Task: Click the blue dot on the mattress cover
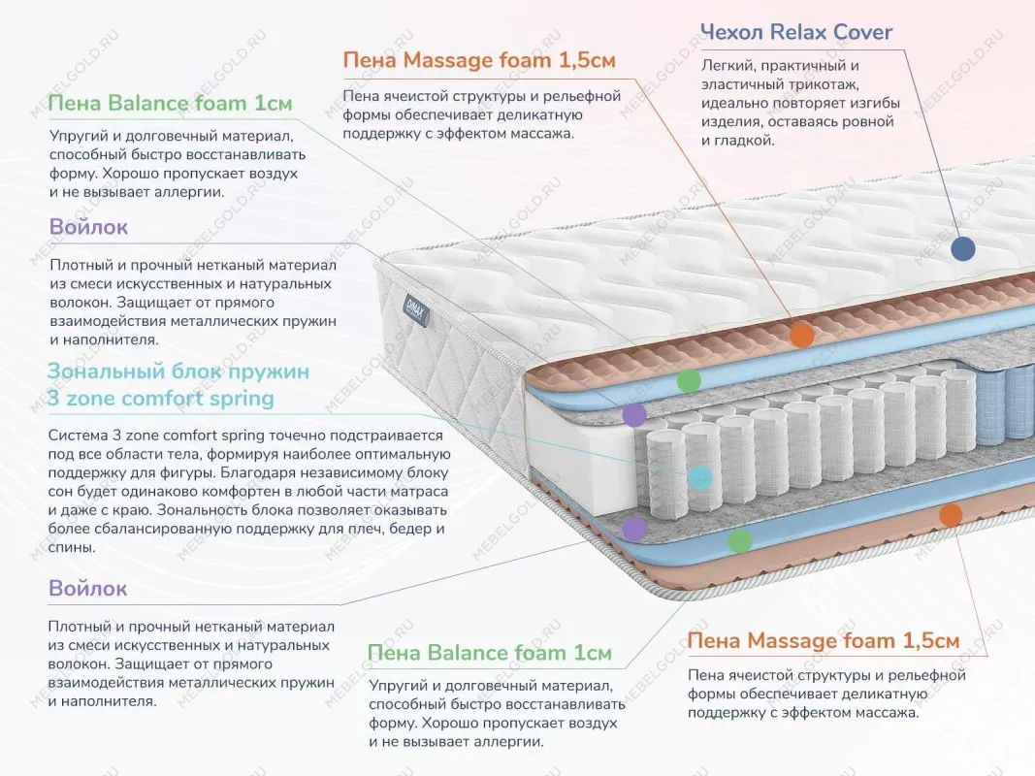click(x=962, y=249)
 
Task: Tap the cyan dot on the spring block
click(x=699, y=477)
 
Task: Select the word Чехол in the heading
click(x=732, y=32)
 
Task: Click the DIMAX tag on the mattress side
click(x=409, y=304)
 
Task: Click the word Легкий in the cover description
click(x=728, y=66)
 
